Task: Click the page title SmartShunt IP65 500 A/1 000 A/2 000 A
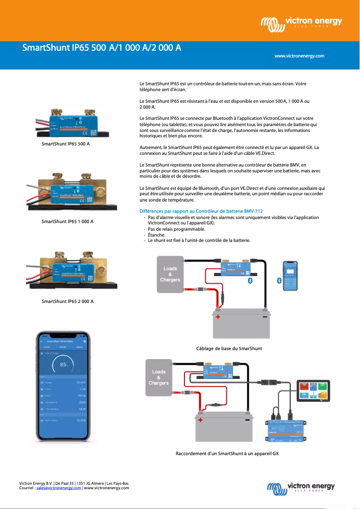tap(102, 48)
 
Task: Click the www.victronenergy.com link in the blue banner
tap(299, 56)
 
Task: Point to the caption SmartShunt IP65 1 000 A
tap(67, 222)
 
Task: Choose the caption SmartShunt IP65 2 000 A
tap(67, 301)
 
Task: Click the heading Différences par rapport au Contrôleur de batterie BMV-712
tap(201, 211)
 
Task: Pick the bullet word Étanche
tap(157, 235)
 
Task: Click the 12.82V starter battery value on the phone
tap(81, 421)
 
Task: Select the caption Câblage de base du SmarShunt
tap(229, 348)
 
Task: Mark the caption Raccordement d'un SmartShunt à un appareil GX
tap(227, 453)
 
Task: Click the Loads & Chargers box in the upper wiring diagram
tap(170, 274)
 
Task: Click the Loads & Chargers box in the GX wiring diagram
tap(159, 377)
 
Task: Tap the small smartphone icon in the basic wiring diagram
tap(290, 276)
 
